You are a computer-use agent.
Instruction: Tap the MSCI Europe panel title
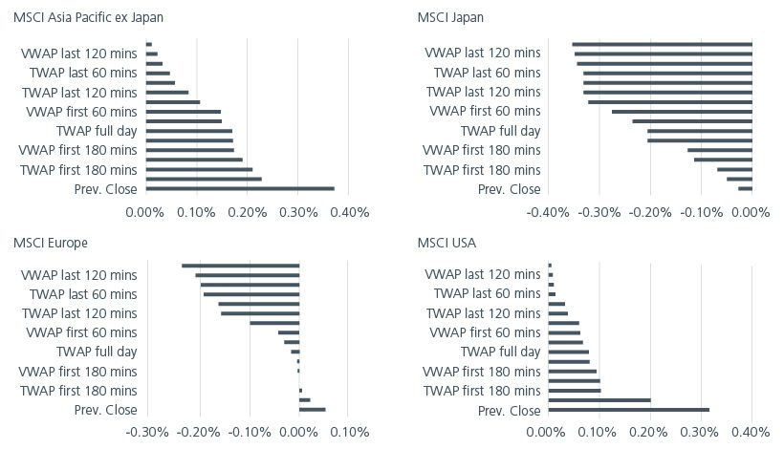[x=49, y=243]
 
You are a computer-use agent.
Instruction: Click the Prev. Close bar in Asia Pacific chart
[x=240, y=189]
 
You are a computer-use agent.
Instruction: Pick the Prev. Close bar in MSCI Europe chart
[x=313, y=410]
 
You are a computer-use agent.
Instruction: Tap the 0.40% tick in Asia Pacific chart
[x=349, y=212]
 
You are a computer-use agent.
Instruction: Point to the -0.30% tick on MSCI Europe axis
[x=147, y=432]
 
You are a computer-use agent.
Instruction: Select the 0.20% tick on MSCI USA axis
[x=650, y=432]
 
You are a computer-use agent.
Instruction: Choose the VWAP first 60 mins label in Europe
[x=81, y=332]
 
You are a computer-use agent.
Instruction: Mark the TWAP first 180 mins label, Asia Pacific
[x=79, y=170]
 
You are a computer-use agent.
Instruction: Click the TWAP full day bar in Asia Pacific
[x=188, y=131]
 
